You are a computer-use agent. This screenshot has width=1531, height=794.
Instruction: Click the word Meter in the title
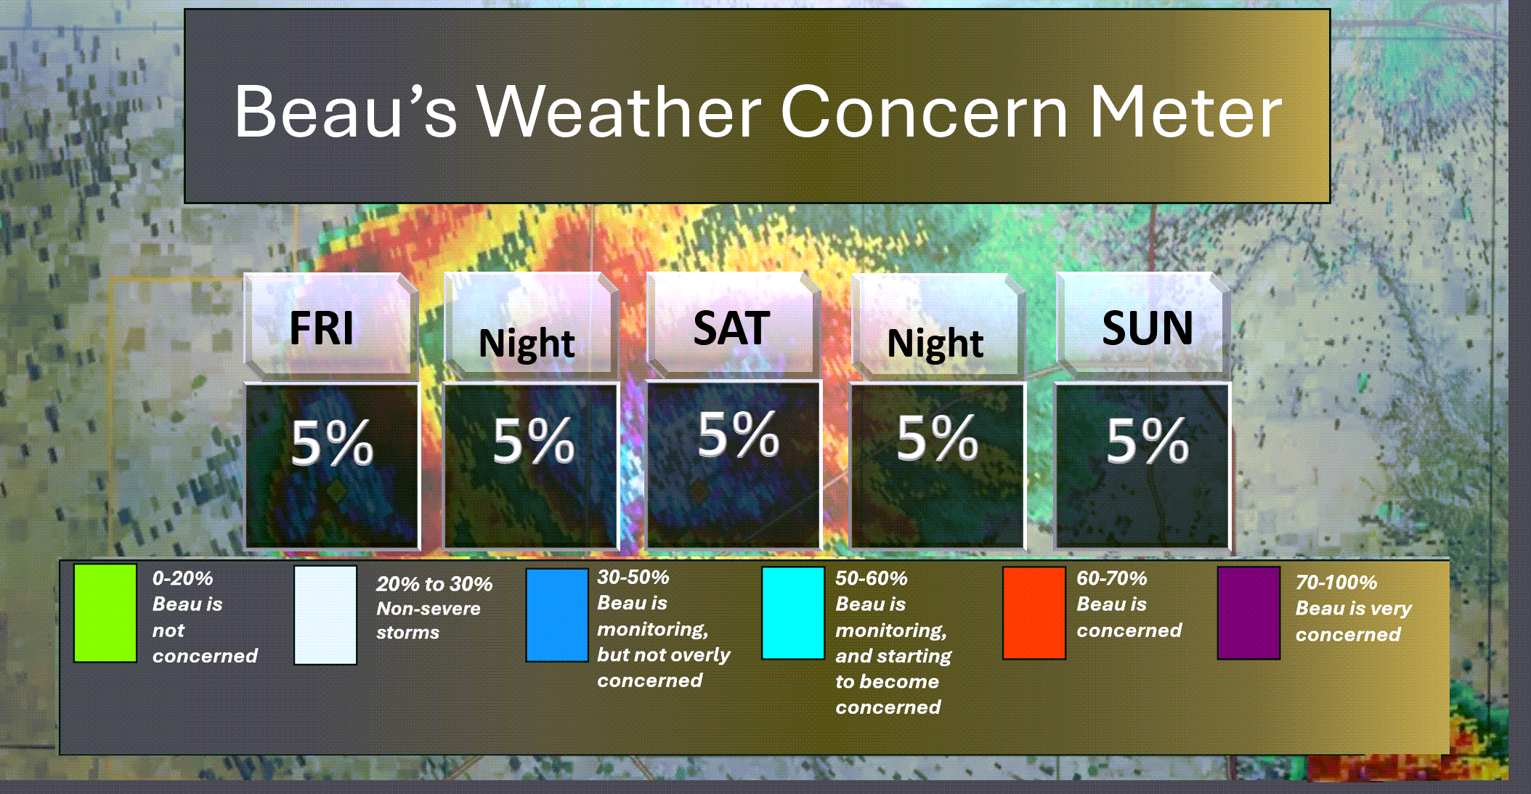(1187, 112)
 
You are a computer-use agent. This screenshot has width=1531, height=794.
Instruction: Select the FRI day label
(322, 328)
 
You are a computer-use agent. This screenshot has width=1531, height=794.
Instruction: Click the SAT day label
(731, 328)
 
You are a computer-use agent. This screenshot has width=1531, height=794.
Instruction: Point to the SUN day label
(1148, 328)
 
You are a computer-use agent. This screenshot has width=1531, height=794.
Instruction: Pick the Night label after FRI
(527, 344)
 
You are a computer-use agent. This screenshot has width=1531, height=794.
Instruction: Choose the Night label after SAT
(935, 344)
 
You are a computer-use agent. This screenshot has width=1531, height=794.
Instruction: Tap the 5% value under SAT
(739, 434)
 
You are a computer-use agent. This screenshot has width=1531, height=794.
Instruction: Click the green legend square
(105, 613)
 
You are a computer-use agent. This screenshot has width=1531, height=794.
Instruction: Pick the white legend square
(325, 615)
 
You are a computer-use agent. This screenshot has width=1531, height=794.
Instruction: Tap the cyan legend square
(793, 613)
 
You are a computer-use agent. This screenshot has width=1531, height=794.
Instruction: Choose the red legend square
(1034, 613)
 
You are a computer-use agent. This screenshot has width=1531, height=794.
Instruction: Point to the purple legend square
(1249, 613)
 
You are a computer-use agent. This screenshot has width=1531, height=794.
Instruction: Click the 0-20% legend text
(182, 578)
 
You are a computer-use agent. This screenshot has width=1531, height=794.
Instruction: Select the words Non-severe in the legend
(429, 609)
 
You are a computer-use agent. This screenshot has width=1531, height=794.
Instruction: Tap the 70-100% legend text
(1336, 583)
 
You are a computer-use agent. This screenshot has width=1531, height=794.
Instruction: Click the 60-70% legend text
(1112, 578)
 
